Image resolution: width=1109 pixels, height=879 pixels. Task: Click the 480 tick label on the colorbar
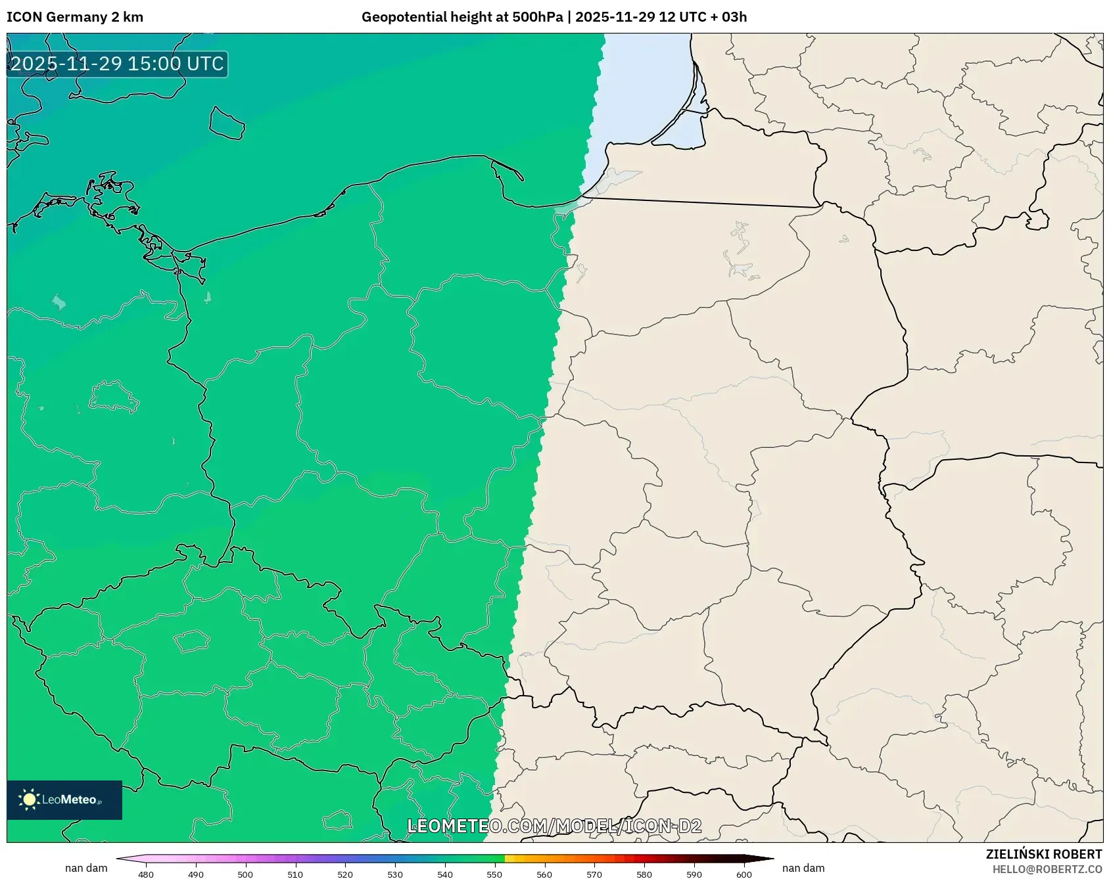[146, 874]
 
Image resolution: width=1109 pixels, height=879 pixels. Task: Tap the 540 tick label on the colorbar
[445, 874]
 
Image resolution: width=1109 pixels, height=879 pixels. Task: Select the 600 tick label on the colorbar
[744, 874]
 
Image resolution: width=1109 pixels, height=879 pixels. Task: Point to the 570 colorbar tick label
[594, 874]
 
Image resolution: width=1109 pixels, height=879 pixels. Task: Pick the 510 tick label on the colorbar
[295, 874]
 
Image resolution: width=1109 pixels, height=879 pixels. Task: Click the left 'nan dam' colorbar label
[86, 868]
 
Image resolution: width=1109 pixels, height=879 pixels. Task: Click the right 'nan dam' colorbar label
[803, 868]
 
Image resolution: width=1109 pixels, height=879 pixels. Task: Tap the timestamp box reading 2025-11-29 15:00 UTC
[117, 64]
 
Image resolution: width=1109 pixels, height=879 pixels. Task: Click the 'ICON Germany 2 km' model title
[75, 17]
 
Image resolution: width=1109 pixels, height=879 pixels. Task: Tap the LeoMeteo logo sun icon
[29, 800]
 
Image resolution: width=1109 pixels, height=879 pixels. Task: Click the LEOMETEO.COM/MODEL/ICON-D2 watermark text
[554, 826]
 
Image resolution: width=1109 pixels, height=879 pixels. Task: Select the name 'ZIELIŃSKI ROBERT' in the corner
[1044, 855]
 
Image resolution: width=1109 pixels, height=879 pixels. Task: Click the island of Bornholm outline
[227, 124]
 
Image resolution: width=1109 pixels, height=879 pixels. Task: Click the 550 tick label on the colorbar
[494, 874]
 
